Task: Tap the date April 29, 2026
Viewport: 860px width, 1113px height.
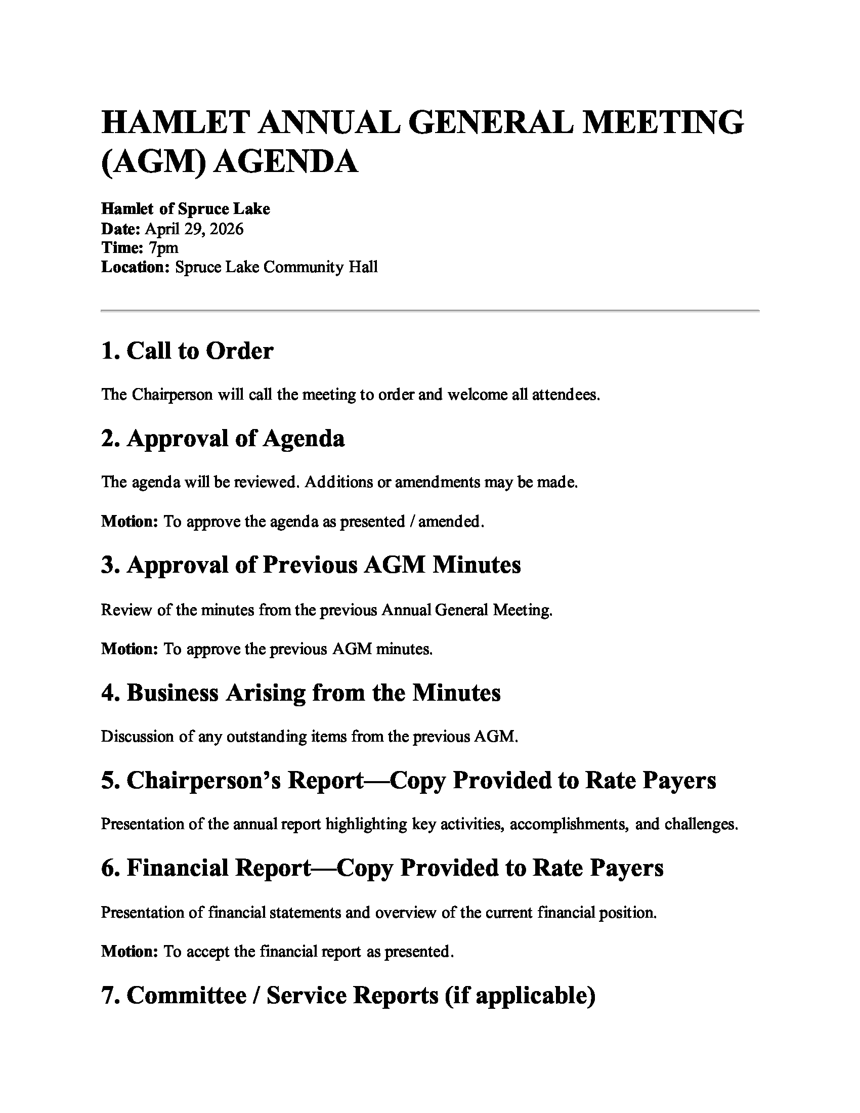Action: tap(194, 229)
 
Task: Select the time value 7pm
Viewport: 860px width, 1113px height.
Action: tap(163, 248)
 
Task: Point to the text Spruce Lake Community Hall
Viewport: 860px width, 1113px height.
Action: tap(276, 267)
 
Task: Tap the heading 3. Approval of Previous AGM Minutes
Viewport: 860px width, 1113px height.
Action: tap(311, 565)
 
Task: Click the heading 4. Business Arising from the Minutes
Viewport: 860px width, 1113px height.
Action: tap(300, 693)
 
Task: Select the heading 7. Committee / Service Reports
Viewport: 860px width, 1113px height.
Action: tap(348, 995)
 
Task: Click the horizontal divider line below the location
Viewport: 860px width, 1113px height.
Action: tap(429, 310)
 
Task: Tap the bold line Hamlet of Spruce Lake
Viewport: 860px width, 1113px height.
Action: tap(186, 209)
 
